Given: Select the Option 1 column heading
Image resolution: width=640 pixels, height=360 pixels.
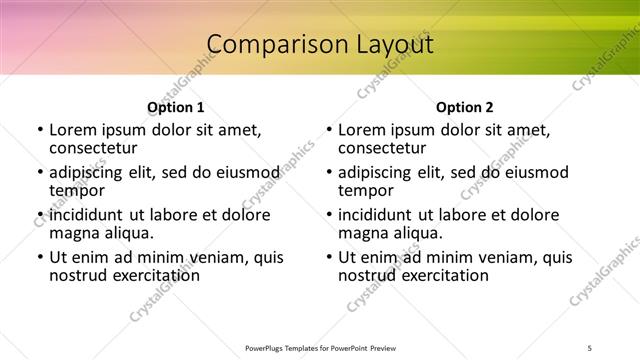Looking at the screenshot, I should (x=175, y=107).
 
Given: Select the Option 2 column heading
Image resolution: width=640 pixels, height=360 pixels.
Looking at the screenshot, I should (x=464, y=107).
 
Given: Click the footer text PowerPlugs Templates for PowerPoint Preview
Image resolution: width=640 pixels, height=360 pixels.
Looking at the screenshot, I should (x=320, y=348).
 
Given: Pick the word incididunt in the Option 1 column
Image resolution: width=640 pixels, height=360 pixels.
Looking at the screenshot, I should (x=87, y=215).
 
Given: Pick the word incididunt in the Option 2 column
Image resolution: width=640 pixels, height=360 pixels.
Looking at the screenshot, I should (x=376, y=215).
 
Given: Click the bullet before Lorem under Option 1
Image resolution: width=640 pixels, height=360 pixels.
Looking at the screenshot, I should (x=40, y=130).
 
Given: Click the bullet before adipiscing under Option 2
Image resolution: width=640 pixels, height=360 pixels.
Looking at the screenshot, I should (x=329, y=173).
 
